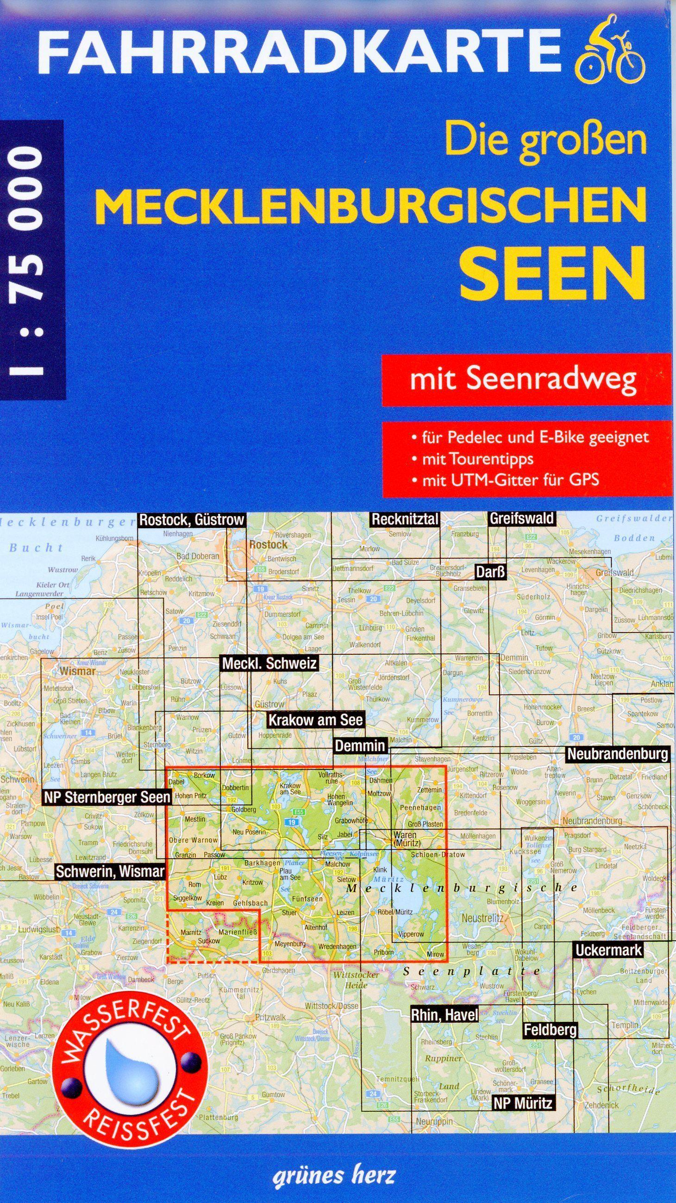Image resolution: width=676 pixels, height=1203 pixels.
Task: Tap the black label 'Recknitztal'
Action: click(405, 520)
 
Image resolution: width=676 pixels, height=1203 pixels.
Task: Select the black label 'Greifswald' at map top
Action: click(521, 519)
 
